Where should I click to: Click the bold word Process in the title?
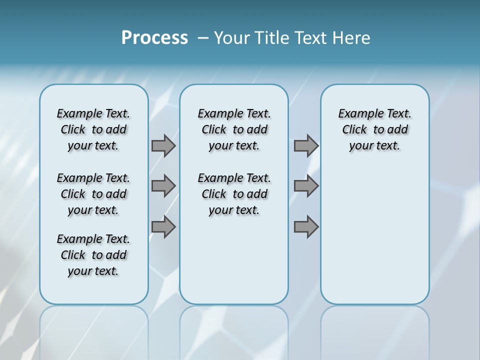[154, 38]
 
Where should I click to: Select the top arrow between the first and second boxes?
[163, 145]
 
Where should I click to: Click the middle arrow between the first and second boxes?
[163, 186]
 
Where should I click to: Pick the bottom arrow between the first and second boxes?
[163, 227]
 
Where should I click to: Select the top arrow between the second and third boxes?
[306, 145]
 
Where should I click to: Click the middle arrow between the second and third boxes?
[306, 186]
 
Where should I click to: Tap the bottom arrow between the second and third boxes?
[306, 227]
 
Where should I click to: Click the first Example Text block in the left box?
[93, 129]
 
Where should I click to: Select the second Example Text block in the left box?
[93, 194]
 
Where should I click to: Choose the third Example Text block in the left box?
[93, 255]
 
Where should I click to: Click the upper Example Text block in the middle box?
[234, 129]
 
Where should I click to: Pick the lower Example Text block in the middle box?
[234, 194]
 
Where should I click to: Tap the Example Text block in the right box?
[374, 129]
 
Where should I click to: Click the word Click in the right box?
[354, 130]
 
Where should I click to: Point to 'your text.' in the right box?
[374, 146]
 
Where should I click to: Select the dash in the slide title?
[203, 38]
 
